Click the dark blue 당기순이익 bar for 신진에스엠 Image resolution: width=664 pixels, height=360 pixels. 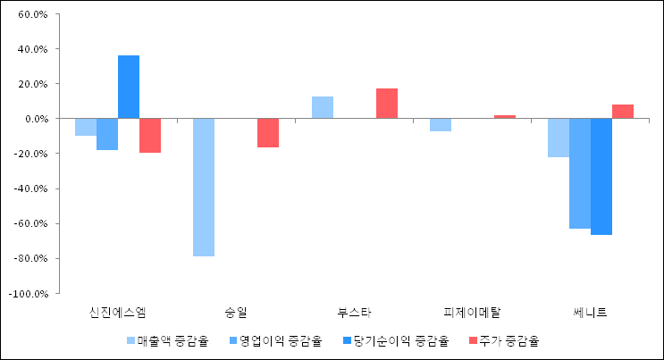(x=129, y=87)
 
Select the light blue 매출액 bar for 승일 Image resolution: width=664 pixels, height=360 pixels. (x=204, y=188)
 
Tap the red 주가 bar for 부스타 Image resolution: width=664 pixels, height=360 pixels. (x=387, y=104)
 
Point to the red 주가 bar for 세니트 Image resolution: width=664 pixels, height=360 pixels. (x=623, y=112)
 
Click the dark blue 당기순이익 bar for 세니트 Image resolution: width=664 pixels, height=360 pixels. (x=601, y=177)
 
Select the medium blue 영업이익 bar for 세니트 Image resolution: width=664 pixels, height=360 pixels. (x=580, y=173)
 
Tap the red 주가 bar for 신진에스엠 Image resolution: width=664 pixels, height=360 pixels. (x=150, y=136)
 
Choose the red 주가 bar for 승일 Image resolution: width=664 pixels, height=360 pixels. (x=268, y=133)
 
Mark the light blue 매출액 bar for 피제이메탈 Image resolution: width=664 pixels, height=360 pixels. (x=441, y=125)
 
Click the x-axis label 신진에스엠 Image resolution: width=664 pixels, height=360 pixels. (x=118, y=313)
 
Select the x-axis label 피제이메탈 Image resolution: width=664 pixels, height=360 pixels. (x=472, y=313)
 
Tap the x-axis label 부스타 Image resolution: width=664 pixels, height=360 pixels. (x=354, y=313)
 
